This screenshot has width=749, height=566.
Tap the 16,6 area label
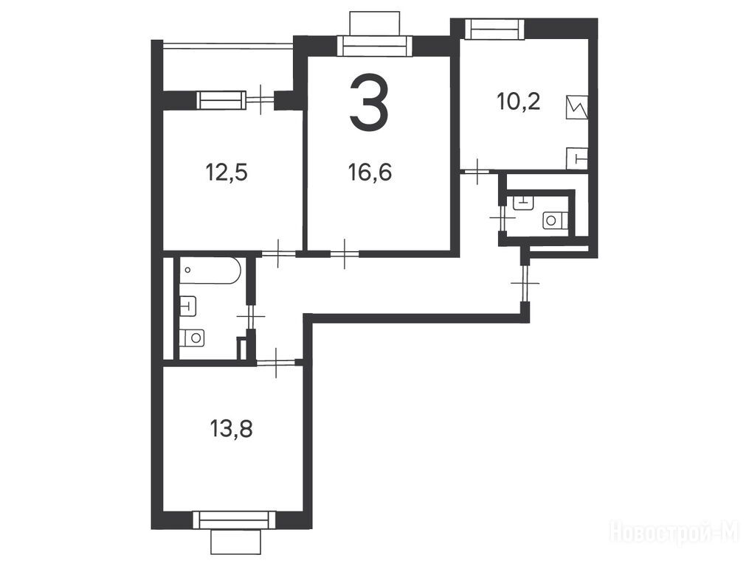tap(370, 172)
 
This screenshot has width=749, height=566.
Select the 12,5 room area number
tap(227, 172)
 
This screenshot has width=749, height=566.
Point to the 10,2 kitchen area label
tap(519, 101)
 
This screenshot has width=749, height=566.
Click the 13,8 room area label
tap(231, 429)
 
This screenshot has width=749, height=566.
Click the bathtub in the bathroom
tap(210, 270)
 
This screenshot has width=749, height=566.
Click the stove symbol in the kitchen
tap(576, 108)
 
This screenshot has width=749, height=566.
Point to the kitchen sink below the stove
tap(577, 158)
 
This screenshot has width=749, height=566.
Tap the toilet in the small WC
tap(555, 220)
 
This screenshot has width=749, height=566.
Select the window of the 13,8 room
tap(235, 520)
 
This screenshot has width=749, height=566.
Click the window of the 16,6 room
tap(375, 46)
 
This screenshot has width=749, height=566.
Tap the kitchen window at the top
tap(495, 28)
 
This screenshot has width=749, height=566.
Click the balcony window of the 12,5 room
tap(221, 101)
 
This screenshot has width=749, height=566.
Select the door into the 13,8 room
tap(276, 363)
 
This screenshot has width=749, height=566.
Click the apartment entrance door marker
tap(525, 283)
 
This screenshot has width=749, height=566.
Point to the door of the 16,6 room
tap(345, 254)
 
